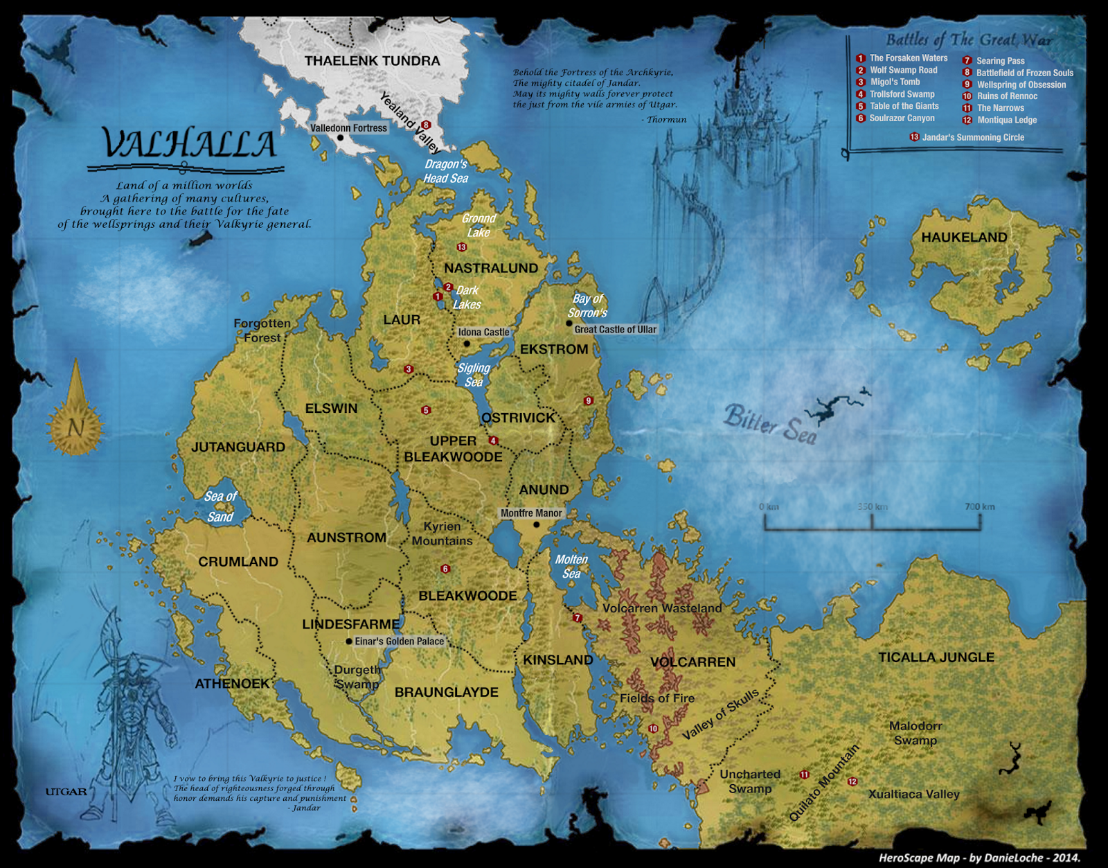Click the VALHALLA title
[188, 144]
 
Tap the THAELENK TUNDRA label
[372, 61]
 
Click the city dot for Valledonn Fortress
[340, 138]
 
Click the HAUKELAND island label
[964, 238]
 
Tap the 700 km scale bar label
[979, 506]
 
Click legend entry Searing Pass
[1000, 61]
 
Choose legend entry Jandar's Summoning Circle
[972, 137]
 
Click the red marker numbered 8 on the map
[426, 125]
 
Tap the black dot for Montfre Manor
[536, 524]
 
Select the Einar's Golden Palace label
[399, 641]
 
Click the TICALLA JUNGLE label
[936, 657]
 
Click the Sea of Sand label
[220, 506]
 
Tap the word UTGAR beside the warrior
[66, 792]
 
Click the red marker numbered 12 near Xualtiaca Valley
[852, 781]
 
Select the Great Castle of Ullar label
[615, 330]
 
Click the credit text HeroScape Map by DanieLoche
[979, 858]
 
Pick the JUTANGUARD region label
[238, 448]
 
